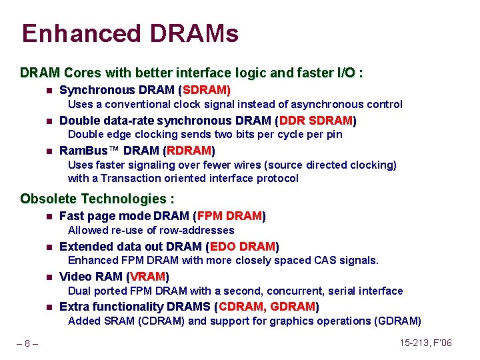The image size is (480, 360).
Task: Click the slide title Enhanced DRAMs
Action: [130, 33]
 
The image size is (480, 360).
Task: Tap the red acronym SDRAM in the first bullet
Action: [206, 90]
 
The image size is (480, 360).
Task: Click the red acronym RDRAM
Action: [189, 151]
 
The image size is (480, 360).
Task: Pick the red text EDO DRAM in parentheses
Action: [243, 246]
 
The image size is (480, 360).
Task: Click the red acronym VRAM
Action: [149, 276]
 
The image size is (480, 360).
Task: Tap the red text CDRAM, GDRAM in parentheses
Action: [267, 307]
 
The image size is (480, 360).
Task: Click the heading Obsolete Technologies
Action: [97, 199]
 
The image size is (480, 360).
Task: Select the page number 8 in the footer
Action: [27, 343]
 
